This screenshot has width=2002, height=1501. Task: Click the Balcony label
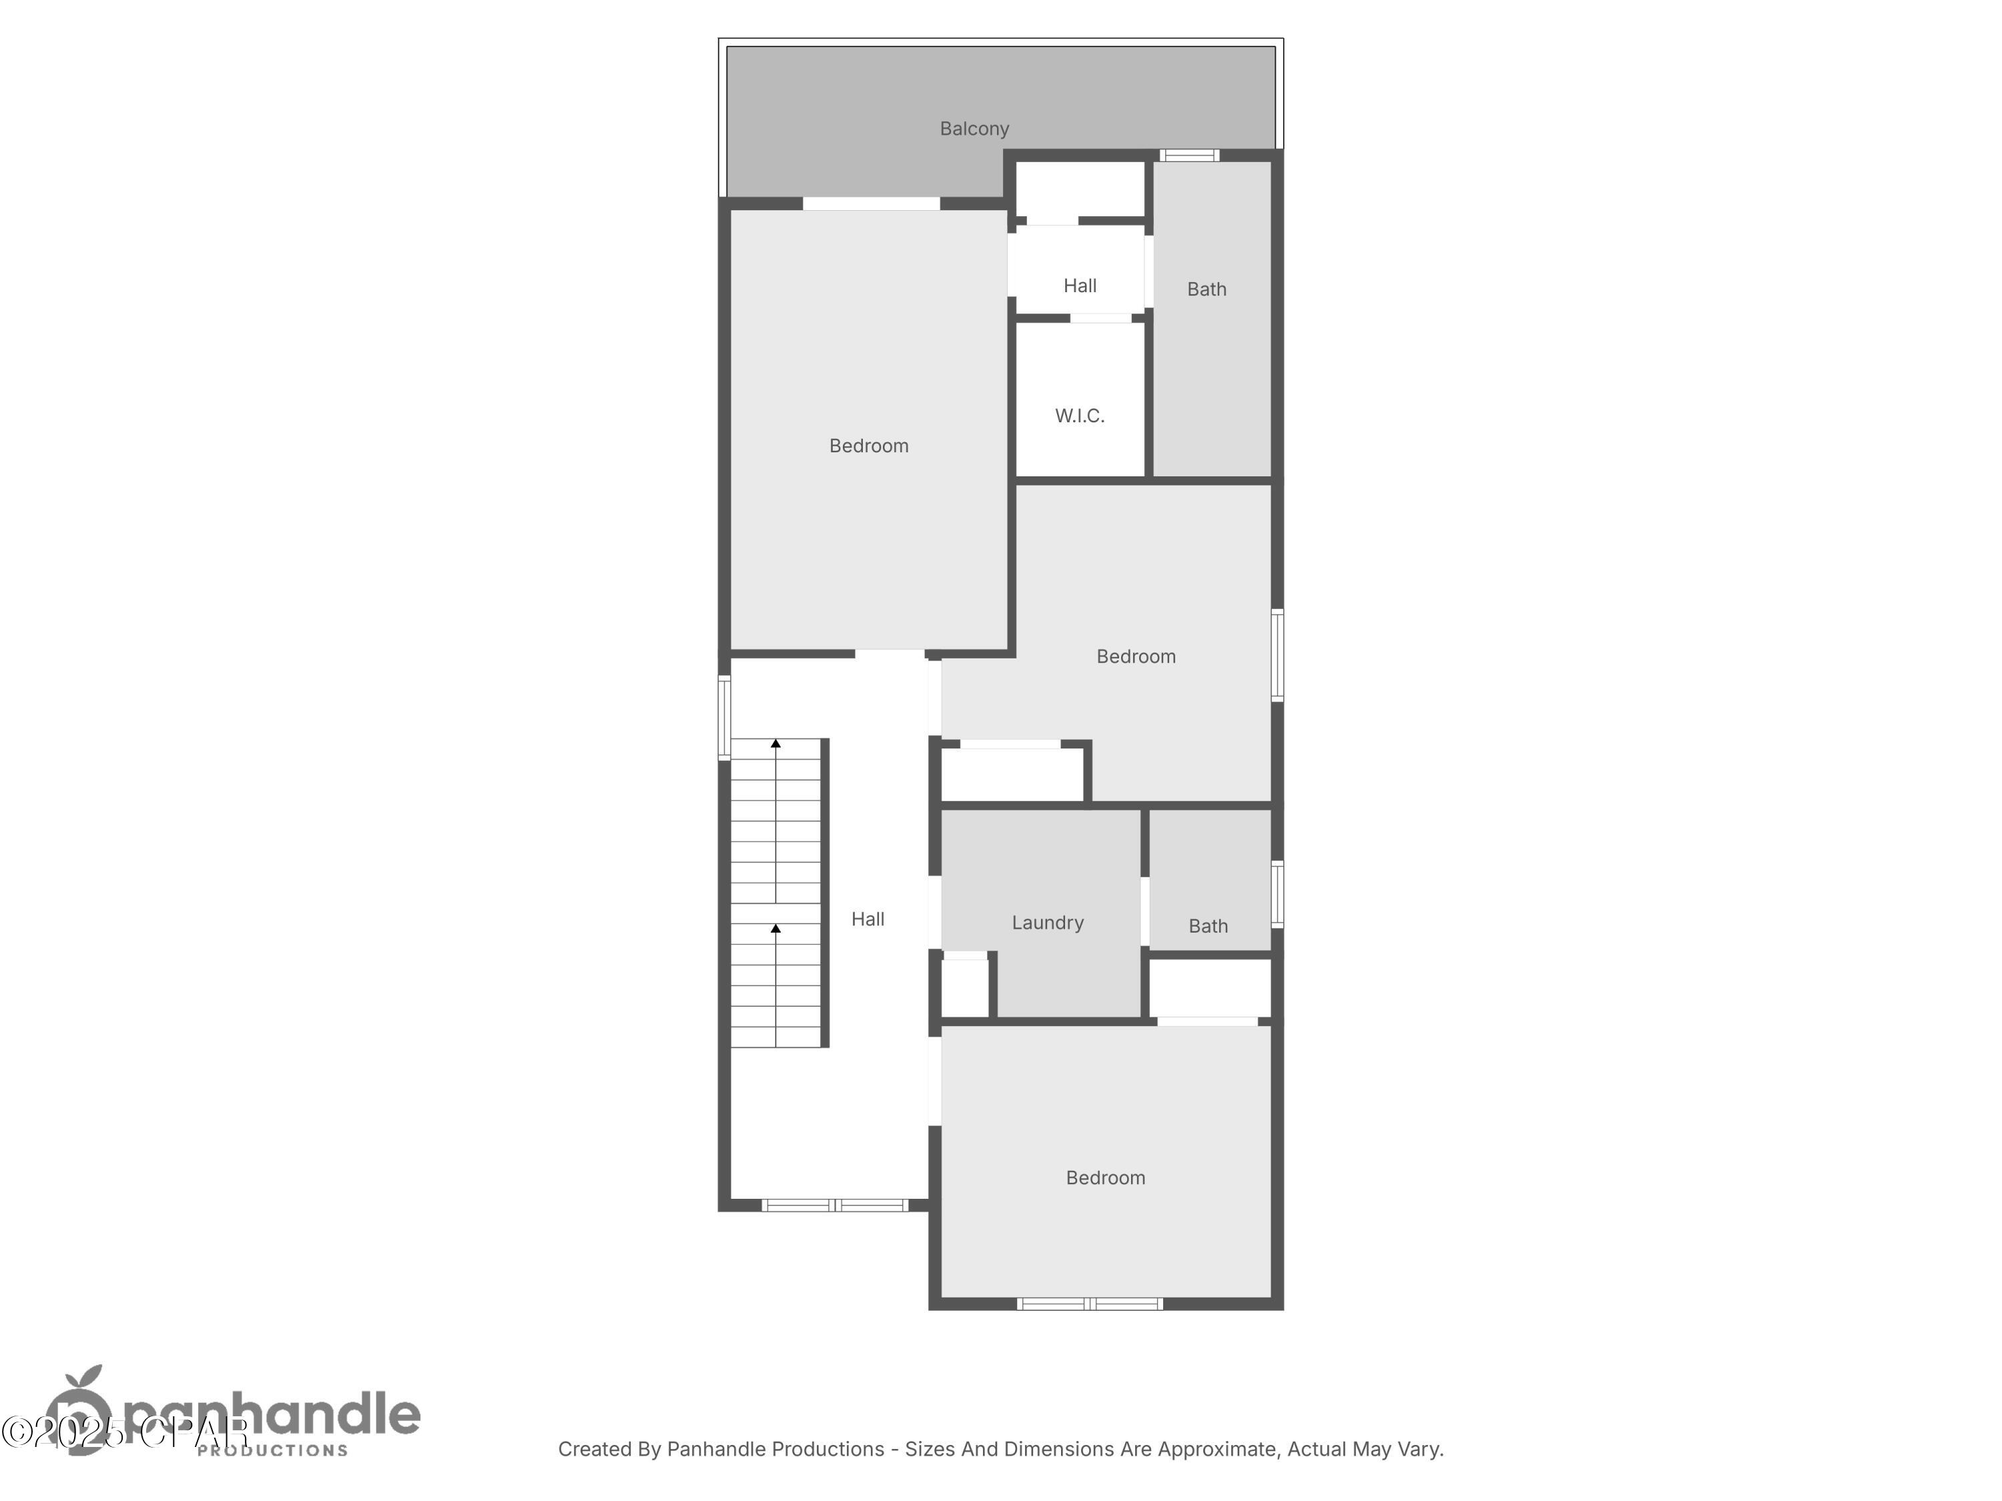pos(974,129)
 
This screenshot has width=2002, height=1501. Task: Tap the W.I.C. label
pos(1080,416)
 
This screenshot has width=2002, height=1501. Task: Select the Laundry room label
pos(1047,923)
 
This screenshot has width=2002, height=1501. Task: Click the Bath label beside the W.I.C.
pos(1207,290)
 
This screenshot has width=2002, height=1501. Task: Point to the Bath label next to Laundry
pos(1207,927)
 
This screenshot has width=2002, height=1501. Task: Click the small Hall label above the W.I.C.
pos(1080,286)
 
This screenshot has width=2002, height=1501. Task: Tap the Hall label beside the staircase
pos(867,919)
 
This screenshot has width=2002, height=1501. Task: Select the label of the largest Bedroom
pos(869,446)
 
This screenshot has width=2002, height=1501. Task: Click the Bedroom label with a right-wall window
pos(1136,657)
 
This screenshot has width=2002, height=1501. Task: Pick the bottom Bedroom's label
pos(1105,1178)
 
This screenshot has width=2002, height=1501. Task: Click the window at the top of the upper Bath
pos(1189,155)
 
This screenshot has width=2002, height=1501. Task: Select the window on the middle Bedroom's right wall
pos(1277,655)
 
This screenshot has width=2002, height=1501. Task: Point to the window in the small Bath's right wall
pos(1277,894)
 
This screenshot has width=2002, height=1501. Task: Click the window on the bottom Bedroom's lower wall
pos(1090,1304)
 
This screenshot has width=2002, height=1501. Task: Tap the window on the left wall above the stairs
pos(724,717)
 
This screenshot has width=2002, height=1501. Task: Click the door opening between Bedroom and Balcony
pos(871,203)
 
